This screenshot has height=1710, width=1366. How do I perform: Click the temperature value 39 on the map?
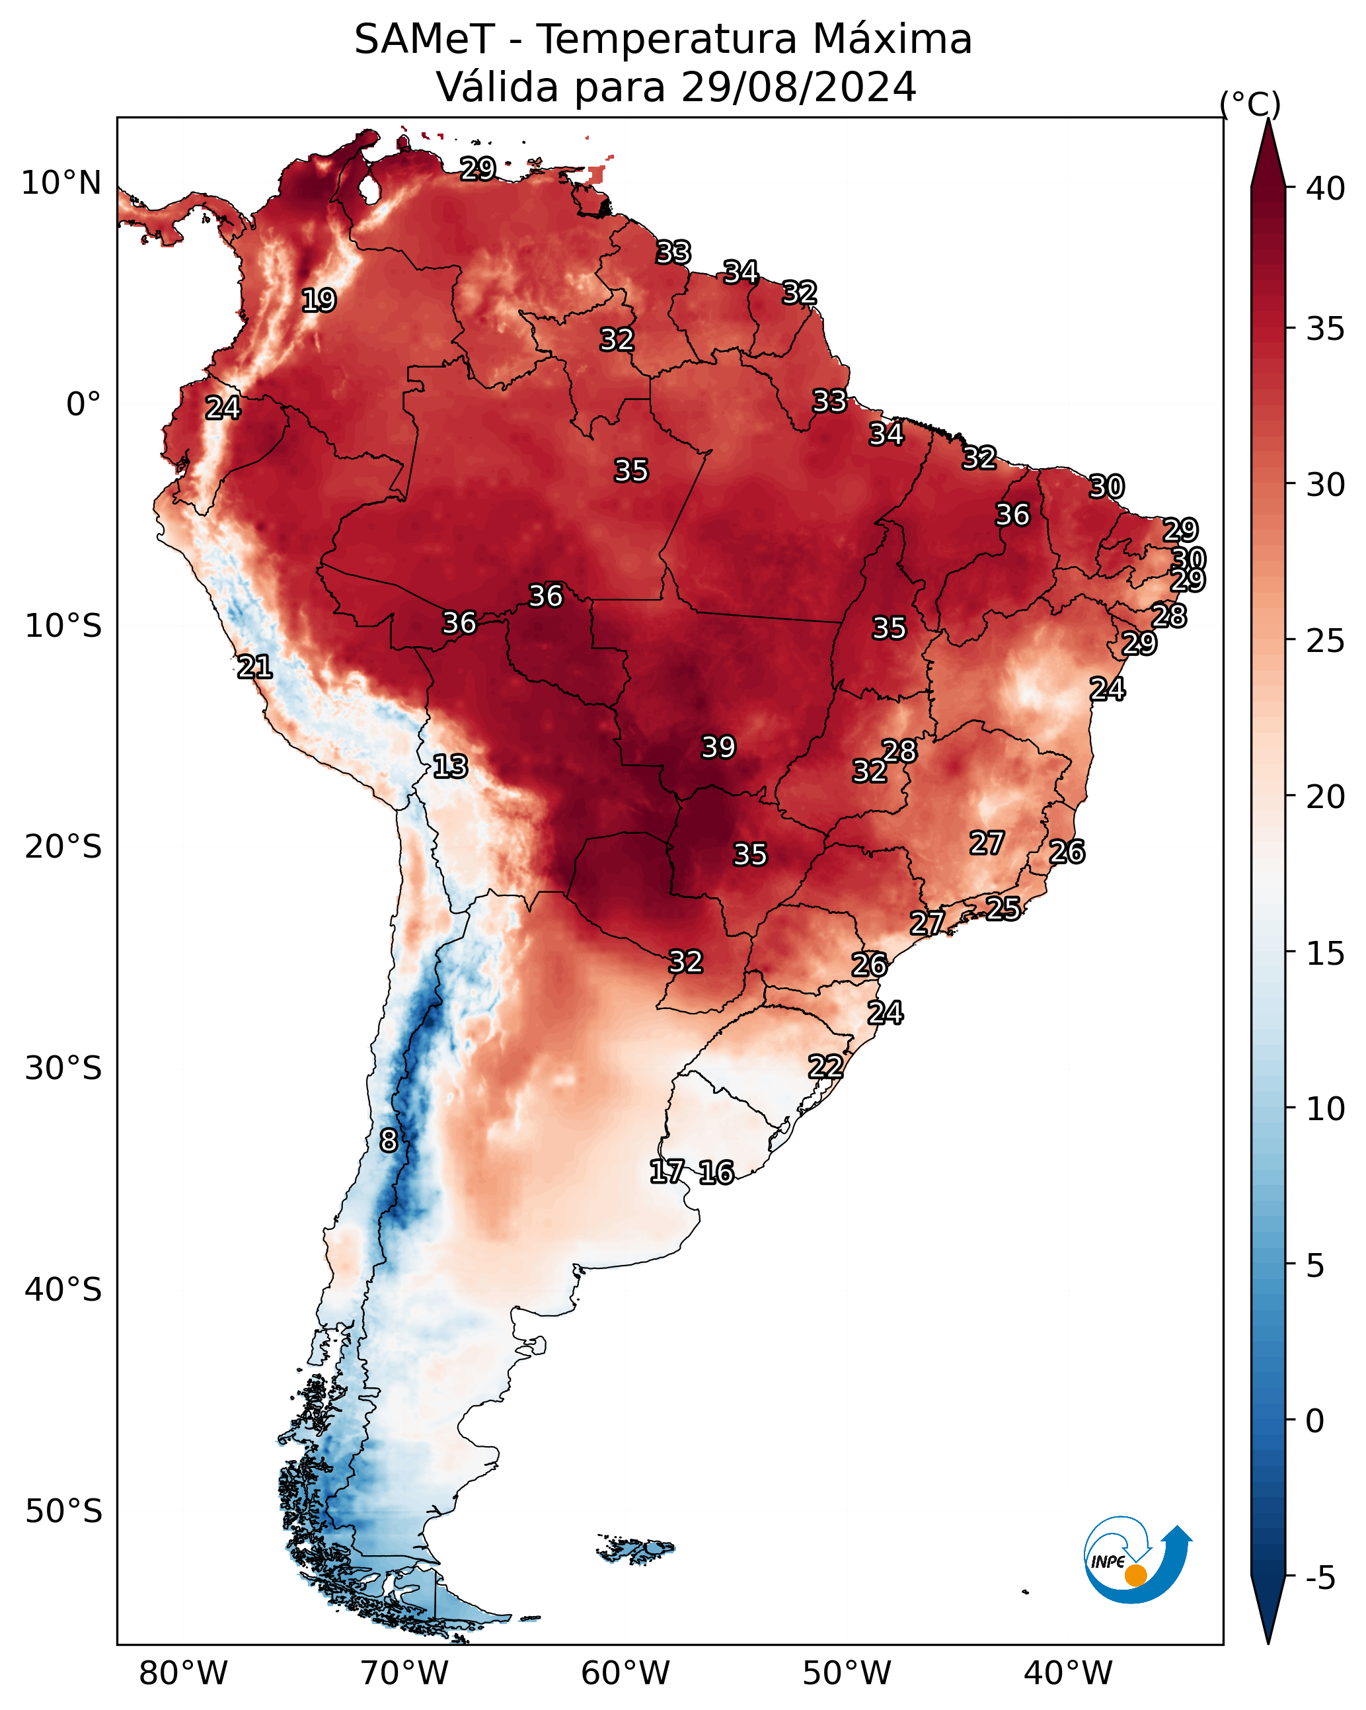(x=718, y=747)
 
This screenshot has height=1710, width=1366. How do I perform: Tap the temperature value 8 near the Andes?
(x=389, y=1141)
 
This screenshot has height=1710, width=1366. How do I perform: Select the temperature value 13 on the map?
(x=450, y=766)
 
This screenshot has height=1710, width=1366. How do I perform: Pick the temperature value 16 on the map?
(x=716, y=1172)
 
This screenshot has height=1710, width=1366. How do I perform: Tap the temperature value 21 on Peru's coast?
(x=254, y=667)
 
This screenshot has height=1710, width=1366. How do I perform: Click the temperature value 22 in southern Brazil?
(x=825, y=1067)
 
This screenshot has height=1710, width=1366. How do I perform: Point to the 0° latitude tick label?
(x=84, y=405)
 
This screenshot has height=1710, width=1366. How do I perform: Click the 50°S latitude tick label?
(x=63, y=1512)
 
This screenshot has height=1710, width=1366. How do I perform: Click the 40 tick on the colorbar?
(x=1326, y=188)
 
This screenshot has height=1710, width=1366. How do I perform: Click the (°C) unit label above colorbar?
(x=1250, y=104)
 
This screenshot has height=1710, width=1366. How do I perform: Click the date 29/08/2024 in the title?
(x=798, y=87)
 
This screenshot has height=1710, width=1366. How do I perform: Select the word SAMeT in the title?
(x=424, y=39)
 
